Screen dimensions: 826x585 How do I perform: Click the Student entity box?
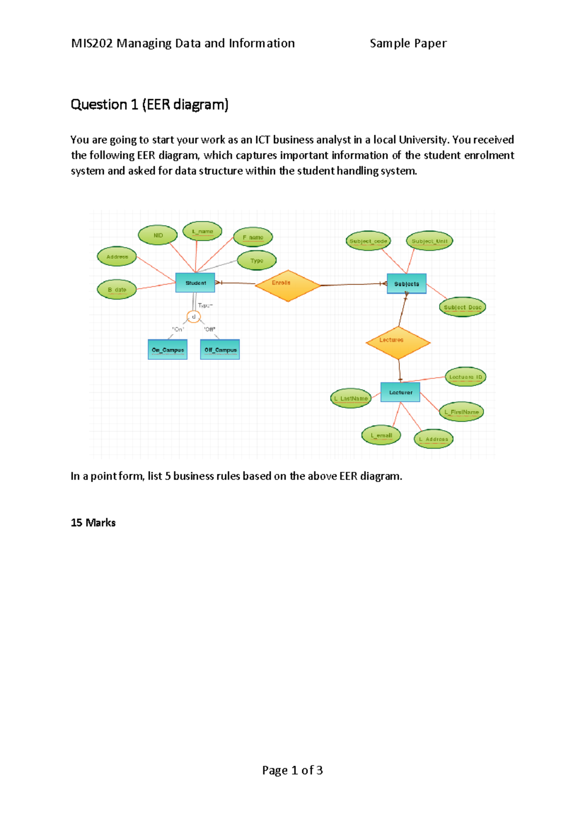(x=195, y=282)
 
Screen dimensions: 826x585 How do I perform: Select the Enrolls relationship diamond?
(x=288, y=285)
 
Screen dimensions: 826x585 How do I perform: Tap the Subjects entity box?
(x=407, y=283)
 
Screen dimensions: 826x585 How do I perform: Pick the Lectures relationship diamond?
(x=398, y=343)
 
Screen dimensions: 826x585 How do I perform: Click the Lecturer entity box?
(x=400, y=392)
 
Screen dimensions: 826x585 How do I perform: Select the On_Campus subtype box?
(x=168, y=350)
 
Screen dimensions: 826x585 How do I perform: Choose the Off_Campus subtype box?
(x=220, y=350)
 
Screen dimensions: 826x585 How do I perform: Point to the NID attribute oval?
(x=158, y=235)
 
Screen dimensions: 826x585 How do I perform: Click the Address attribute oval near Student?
(x=117, y=257)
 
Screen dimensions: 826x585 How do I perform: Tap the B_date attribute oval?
(x=117, y=290)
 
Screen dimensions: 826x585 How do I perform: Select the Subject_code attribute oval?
(x=368, y=241)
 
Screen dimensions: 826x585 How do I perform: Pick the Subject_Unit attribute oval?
(x=429, y=241)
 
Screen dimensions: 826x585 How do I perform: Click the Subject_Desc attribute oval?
(x=462, y=307)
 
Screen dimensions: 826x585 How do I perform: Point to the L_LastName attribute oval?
(x=351, y=398)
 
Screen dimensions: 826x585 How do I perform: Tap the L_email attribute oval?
(x=381, y=435)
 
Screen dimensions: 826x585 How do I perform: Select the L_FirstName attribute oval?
(x=461, y=412)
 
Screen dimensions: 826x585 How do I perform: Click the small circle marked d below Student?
(x=194, y=317)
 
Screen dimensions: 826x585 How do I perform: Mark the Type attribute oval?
(x=256, y=261)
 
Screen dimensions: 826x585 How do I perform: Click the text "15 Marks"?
(x=93, y=523)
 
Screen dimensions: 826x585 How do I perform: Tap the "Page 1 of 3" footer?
(x=292, y=770)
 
